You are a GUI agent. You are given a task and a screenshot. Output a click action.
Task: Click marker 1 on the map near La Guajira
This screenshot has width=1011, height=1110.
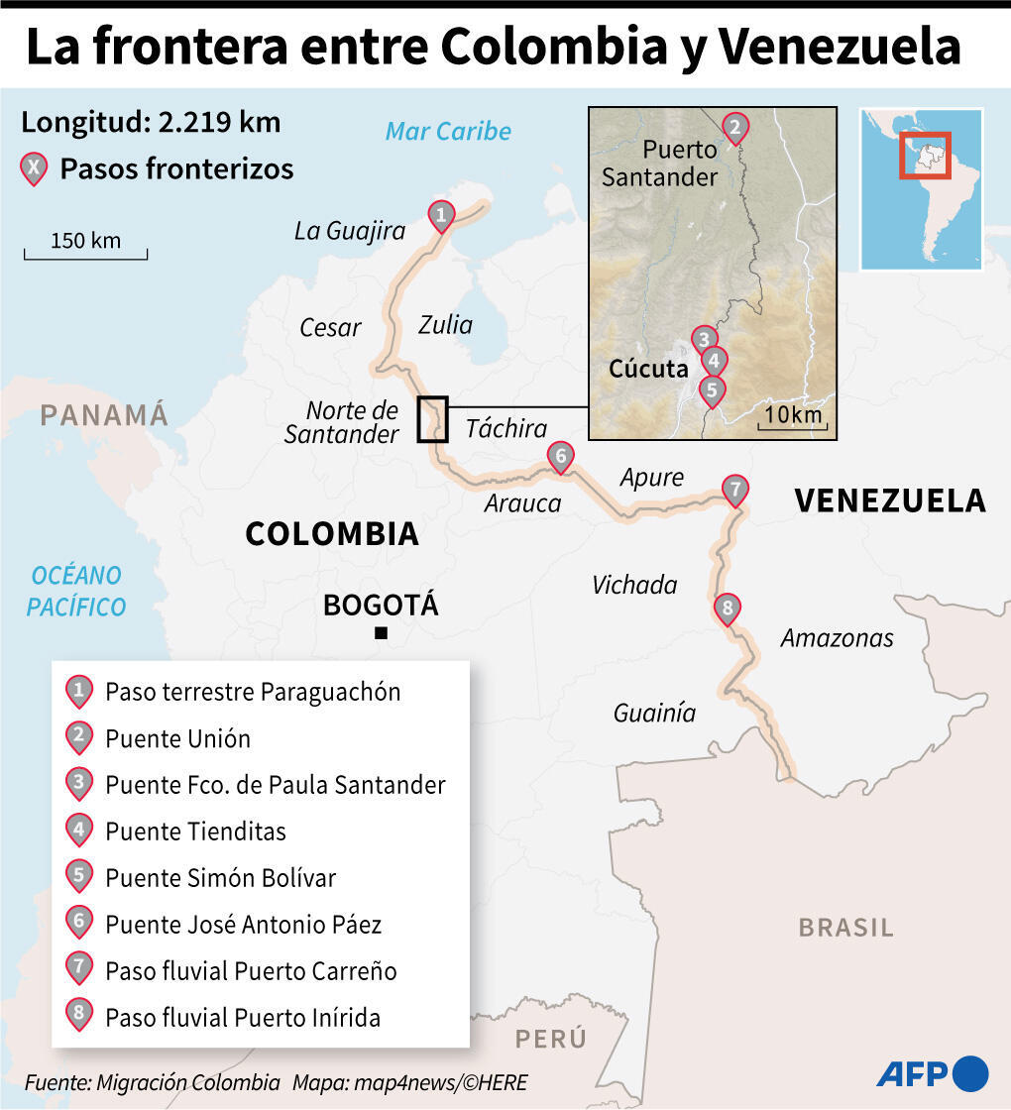pyautogui.click(x=441, y=214)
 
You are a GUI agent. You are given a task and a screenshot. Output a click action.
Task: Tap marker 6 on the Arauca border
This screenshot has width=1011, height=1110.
pyautogui.click(x=560, y=456)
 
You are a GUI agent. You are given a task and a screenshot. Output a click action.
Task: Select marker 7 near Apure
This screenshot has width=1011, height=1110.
pyautogui.click(x=734, y=490)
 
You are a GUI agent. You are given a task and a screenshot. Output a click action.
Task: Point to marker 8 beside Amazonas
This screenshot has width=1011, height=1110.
pyautogui.click(x=727, y=609)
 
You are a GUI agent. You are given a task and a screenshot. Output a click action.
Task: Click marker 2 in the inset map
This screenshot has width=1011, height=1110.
pyautogui.click(x=733, y=128)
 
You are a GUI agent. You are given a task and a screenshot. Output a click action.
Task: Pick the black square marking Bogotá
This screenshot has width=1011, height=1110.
pyautogui.click(x=381, y=633)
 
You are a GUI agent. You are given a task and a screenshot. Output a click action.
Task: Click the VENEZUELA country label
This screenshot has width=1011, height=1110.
pyautogui.click(x=889, y=500)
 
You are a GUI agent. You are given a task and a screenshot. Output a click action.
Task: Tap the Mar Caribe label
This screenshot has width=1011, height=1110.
pyautogui.click(x=448, y=131)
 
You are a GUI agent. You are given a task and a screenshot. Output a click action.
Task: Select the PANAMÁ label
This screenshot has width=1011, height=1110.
pyautogui.click(x=104, y=414)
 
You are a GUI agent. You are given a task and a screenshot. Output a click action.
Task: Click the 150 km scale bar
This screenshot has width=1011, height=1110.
pyautogui.click(x=85, y=254)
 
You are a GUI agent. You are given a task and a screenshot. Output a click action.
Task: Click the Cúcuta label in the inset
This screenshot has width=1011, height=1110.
pyautogui.click(x=648, y=369)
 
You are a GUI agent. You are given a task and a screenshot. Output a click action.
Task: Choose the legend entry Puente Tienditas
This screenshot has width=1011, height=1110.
pyautogui.click(x=195, y=831)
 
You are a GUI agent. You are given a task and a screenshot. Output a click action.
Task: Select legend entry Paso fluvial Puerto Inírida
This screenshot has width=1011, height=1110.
pyautogui.click(x=243, y=1017)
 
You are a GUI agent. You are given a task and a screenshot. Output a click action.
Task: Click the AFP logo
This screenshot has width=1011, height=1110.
pyautogui.click(x=932, y=1072)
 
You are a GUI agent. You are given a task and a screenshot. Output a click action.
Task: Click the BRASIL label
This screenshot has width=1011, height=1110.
pyautogui.click(x=845, y=928)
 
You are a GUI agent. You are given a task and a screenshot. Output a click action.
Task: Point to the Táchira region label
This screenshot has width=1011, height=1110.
pyautogui.click(x=506, y=428)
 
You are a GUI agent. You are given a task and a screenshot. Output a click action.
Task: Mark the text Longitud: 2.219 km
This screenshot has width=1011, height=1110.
pyautogui.click(x=151, y=123)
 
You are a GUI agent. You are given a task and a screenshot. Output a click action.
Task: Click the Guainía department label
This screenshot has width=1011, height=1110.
pyautogui.click(x=654, y=713)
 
